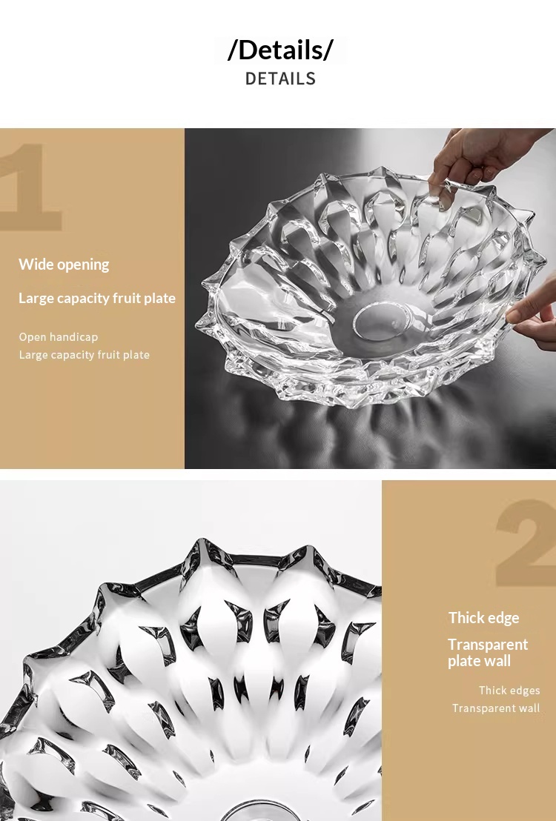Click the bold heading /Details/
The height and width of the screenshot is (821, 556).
point(280,50)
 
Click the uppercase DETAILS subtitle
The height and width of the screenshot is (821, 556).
point(280,79)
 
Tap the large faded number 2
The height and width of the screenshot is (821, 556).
point(526,542)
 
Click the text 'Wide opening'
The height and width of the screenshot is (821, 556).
point(64,265)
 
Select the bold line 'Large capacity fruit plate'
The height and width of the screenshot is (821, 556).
point(97,298)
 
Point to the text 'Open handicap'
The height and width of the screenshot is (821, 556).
point(58,336)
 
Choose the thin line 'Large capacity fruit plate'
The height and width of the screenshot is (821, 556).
point(85,354)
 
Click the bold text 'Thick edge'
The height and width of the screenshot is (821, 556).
point(483,618)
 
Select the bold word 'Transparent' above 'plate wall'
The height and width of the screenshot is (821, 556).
point(488,645)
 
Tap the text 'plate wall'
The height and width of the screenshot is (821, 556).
point(479,661)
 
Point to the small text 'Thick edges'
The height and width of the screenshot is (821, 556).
point(509,691)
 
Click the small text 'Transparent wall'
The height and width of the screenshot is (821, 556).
point(496,708)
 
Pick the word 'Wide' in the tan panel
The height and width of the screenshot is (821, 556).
point(34,264)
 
